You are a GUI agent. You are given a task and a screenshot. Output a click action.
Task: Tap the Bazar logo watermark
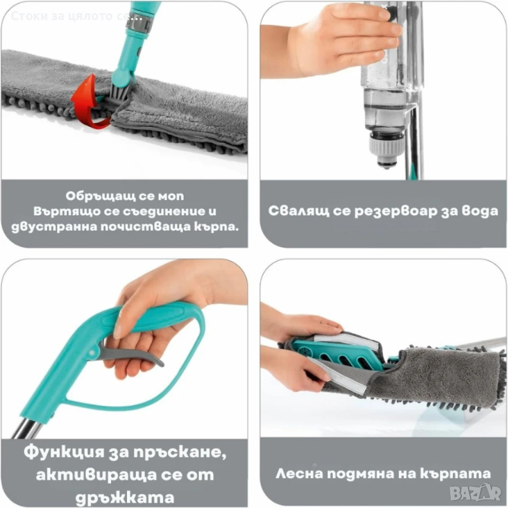click(476, 493)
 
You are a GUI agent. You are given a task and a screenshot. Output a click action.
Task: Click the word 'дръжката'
click(125, 497)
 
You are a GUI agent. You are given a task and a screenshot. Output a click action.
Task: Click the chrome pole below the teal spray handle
click(28, 428)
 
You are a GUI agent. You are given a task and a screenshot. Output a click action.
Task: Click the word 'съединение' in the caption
click(160, 212)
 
